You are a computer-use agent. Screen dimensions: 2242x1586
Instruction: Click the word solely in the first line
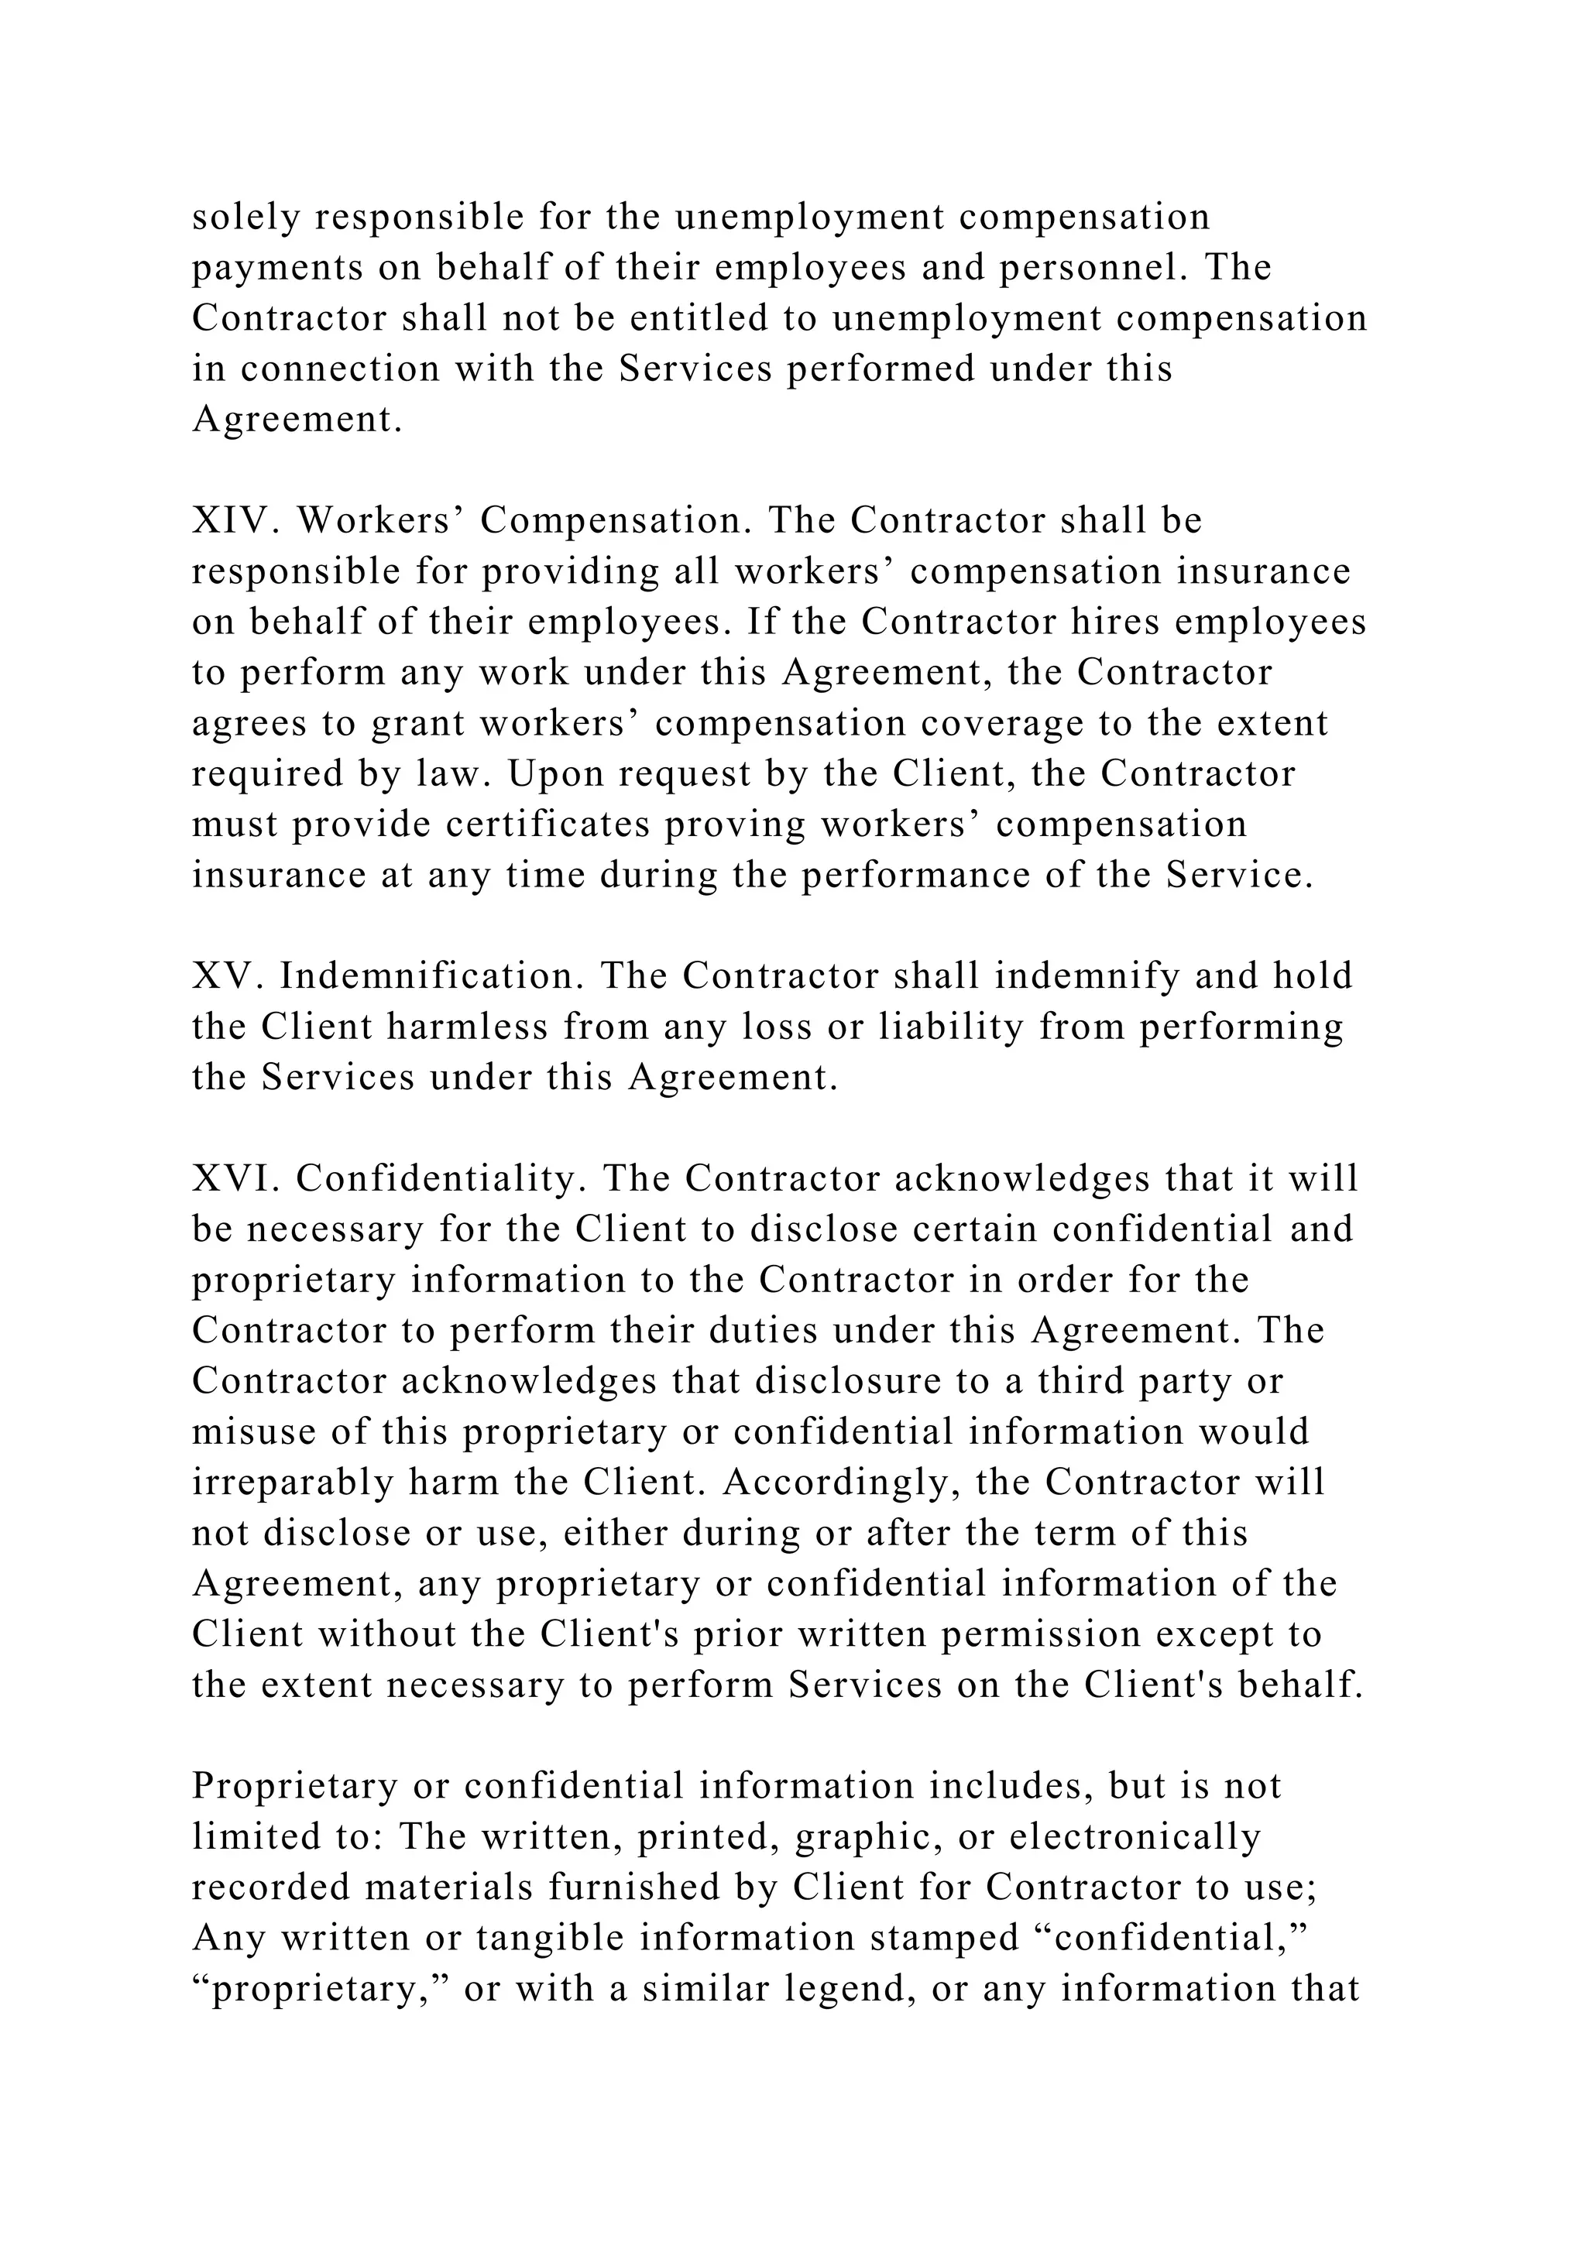click(x=246, y=217)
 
